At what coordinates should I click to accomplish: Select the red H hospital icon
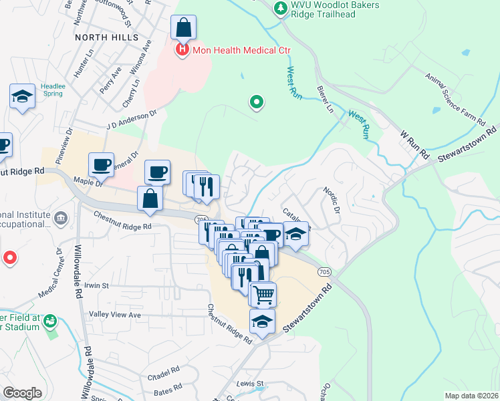click(181, 50)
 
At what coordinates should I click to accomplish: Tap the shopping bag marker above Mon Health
click(183, 29)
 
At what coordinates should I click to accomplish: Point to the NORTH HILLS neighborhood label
click(101, 37)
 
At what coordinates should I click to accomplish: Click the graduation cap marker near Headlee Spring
click(22, 98)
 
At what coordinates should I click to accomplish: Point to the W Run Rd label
click(414, 144)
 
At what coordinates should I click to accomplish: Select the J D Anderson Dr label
click(131, 118)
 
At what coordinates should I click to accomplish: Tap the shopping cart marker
click(263, 293)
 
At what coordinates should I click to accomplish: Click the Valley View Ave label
click(115, 314)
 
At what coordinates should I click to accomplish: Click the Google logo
click(22, 393)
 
